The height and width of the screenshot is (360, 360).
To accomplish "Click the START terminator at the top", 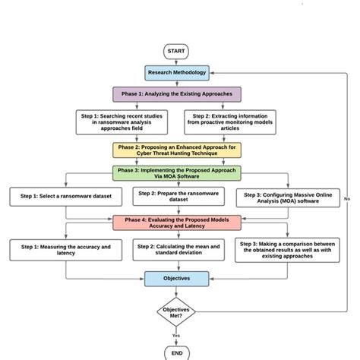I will (x=176, y=52).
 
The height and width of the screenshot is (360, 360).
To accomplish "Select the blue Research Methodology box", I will (x=176, y=73).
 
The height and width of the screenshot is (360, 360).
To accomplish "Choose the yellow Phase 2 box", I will (x=177, y=149).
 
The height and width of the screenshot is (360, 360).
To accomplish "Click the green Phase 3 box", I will (x=177, y=174).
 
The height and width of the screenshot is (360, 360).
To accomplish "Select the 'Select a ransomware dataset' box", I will (x=61, y=197).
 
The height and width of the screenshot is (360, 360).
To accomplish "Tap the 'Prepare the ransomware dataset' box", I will (x=177, y=197).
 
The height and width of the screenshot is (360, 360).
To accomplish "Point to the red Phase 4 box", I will (x=177, y=222).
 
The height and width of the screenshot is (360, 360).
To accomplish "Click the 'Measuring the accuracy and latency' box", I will (x=61, y=250).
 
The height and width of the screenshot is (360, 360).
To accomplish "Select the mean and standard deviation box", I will (x=177, y=250).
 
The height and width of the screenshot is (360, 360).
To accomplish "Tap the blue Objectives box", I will (x=177, y=279).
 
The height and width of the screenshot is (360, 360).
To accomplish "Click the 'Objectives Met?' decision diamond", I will (x=177, y=311).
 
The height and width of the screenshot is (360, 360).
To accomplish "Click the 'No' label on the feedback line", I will (x=347, y=199).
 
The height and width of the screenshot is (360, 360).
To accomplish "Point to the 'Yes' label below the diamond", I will (x=176, y=335).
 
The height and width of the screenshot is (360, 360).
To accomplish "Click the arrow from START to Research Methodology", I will (x=176, y=62).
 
